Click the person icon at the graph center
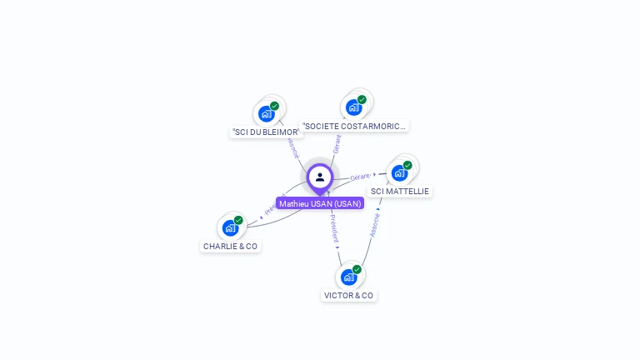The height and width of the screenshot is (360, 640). tap(320, 177)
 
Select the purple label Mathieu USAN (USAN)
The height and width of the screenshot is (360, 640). tap(320, 203)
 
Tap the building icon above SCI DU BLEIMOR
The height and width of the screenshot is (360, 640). tap(267, 113)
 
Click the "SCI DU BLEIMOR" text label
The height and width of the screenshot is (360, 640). tap(266, 132)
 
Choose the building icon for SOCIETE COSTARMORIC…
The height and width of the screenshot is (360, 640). tap(354, 107)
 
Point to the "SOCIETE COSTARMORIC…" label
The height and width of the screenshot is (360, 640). tap(354, 126)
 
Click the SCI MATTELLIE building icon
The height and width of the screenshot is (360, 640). tap(400, 172)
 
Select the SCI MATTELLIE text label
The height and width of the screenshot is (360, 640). tap(400, 191)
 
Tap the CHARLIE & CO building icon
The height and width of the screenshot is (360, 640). tap(231, 227)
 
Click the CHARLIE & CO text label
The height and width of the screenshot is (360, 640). tap(231, 246)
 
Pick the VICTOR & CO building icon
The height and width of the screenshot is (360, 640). tap(349, 277)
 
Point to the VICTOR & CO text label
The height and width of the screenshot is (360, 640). tap(349, 295)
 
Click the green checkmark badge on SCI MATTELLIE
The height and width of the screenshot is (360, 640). tap(407, 165)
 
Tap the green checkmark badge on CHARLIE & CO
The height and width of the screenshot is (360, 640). tap(238, 220)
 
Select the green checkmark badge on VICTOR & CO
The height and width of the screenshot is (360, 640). tap(357, 269)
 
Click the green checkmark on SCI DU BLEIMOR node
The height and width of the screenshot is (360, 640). tap(274, 106)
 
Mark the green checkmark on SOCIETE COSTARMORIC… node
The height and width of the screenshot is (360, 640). tap(362, 100)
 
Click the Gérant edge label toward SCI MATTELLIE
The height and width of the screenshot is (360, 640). tap(361, 177)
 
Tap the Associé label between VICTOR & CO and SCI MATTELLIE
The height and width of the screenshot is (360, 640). tap(375, 224)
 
